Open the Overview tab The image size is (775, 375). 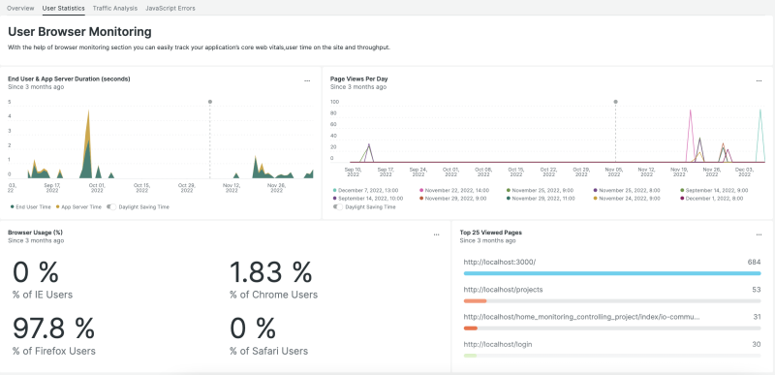tap(20, 8)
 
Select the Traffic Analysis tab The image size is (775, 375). tap(114, 8)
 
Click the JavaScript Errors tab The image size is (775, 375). tap(170, 8)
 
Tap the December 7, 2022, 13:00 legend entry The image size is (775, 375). tap(368, 190)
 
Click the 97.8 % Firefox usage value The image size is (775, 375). tap(53, 328)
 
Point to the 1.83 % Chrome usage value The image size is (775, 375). tap(271, 272)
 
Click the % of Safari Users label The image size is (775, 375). tap(268, 351)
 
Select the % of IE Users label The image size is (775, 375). tap(42, 295)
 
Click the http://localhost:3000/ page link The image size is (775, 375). tap(500, 262)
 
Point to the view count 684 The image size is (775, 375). tap(754, 262)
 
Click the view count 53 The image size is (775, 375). tap(756, 289)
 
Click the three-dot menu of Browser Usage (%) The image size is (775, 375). tap(436, 234)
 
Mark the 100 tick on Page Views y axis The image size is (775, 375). tap(334, 102)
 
